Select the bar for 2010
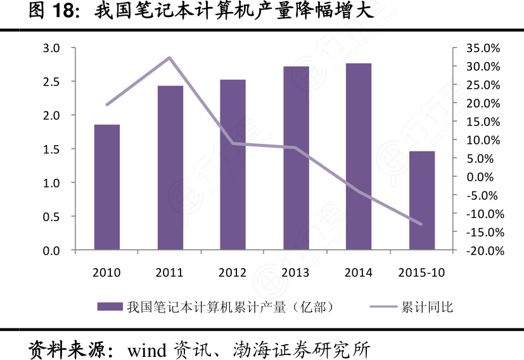[x=107, y=187]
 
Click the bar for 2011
[x=170, y=168]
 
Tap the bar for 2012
[x=233, y=165]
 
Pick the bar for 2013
[x=296, y=158]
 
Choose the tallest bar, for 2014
[x=359, y=157]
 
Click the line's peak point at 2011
[x=170, y=58]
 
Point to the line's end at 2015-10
[x=421, y=224]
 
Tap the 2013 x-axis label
[x=295, y=273]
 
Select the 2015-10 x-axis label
[x=421, y=273]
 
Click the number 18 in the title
[x=63, y=11]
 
